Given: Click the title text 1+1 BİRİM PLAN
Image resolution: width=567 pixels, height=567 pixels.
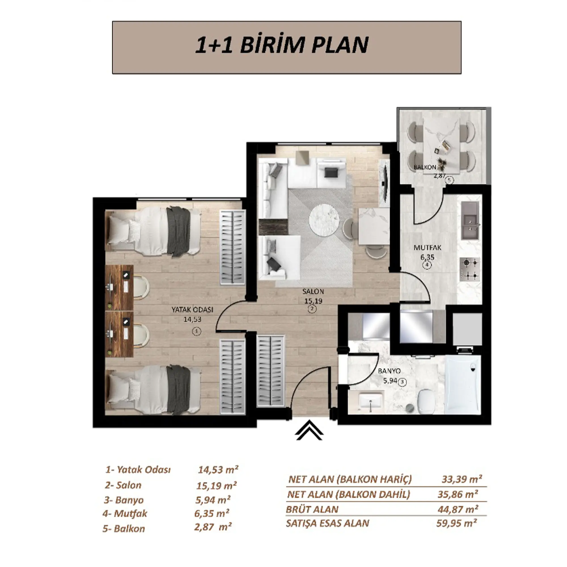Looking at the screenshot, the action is (x=282, y=45).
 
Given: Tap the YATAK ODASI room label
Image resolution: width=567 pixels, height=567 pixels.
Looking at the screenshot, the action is (x=192, y=310).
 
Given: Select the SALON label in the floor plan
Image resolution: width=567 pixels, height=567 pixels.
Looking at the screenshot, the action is (x=313, y=292).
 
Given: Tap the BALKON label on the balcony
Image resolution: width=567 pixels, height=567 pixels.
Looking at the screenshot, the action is (x=425, y=168).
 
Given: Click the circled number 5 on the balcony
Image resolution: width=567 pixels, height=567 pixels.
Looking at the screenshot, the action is (x=449, y=180).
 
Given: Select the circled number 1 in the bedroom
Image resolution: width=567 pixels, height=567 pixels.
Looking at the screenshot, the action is (x=196, y=332).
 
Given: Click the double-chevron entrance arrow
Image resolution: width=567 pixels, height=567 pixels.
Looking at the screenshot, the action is (x=309, y=431).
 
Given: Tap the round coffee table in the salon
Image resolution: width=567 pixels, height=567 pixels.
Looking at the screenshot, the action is (x=324, y=219).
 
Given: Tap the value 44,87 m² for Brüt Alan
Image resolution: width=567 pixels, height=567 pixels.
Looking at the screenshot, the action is (x=458, y=509).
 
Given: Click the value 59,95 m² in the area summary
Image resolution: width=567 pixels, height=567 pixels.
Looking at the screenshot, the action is (x=456, y=523).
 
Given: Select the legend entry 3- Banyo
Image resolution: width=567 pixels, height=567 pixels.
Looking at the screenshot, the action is (x=124, y=500).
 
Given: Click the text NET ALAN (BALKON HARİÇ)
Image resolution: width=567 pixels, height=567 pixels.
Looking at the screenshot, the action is (x=350, y=479).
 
